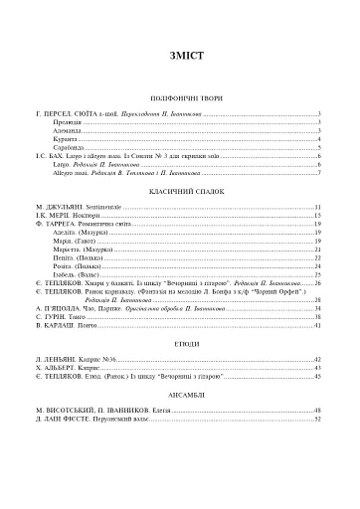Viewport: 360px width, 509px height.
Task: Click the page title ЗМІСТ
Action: pos(179,57)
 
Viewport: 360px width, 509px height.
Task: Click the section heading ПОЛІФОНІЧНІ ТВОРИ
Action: pos(179,99)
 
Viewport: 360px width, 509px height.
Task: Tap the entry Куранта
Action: pos(65,140)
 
